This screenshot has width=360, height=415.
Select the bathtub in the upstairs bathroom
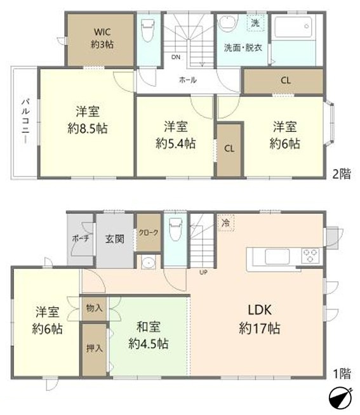point(293,29)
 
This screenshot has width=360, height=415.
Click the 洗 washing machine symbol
point(255,23)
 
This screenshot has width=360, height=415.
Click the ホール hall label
point(187,80)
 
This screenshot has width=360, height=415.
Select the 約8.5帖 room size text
point(88,128)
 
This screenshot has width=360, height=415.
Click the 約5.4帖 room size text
point(175,143)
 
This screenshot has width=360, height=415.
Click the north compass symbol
point(340,399)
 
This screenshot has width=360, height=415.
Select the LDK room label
point(259,311)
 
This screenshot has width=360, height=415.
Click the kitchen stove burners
point(310,256)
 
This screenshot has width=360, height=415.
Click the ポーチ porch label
point(79,239)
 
